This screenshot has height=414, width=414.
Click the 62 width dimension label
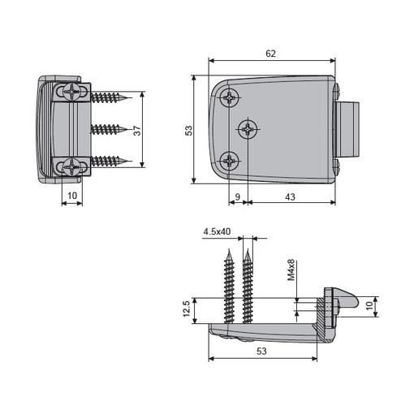coord(270,54)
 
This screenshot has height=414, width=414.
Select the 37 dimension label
coord(137,131)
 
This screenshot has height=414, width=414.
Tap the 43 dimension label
coord(290,197)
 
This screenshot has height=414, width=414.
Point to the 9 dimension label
coord(238,196)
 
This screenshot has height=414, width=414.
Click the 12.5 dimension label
coord(187,308)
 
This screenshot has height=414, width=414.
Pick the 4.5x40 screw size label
coord(217,231)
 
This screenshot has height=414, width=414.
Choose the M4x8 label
coord(291,270)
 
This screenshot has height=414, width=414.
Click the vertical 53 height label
coord(188,131)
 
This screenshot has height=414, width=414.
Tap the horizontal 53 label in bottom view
coord(261,351)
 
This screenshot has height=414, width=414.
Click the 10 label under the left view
coord(72,196)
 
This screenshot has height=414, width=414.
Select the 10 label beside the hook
coord(369,306)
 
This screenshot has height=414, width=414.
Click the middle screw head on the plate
coord(248,129)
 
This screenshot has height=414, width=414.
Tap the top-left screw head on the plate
coord(230,97)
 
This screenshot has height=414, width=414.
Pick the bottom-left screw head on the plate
coord(230,161)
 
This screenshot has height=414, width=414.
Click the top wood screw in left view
coord(109,97)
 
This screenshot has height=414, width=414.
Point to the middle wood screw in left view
coord(109,130)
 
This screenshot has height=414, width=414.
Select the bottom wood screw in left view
coord(109,162)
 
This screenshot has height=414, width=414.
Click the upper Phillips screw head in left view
coord(71,92)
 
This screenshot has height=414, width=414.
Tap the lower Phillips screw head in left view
coord(71,166)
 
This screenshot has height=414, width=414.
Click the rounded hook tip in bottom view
coord(355,302)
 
